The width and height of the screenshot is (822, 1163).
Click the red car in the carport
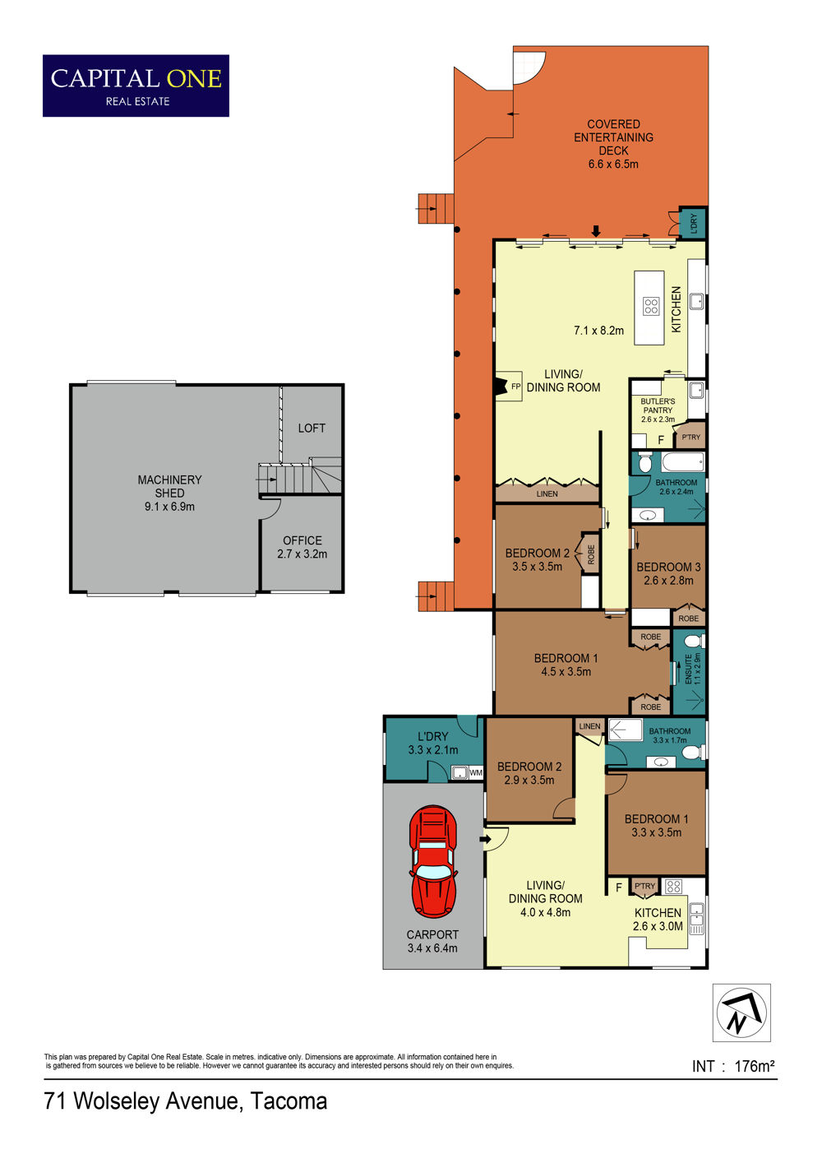coord(433,862)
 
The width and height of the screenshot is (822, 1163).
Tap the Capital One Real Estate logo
coord(136,86)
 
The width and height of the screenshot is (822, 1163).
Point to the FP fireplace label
coord(515,387)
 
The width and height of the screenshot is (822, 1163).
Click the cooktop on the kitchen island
coord(651,306)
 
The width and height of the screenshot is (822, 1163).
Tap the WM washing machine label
coord(476,772)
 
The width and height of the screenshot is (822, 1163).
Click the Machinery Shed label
coord(169,493)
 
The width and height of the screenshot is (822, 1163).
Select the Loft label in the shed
coord(312,429)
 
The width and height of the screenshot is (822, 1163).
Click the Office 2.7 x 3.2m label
coord(302,547)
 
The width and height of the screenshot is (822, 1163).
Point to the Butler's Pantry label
coord(658,410)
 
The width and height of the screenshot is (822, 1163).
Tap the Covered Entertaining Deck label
coord(613,144)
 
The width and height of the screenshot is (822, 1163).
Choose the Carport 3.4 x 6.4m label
coord(432,941)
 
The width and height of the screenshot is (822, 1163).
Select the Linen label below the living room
coord(547,493)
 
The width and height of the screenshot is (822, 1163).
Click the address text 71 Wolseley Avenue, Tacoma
coord(186,1100)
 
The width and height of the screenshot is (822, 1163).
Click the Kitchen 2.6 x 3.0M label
coord(658,920)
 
